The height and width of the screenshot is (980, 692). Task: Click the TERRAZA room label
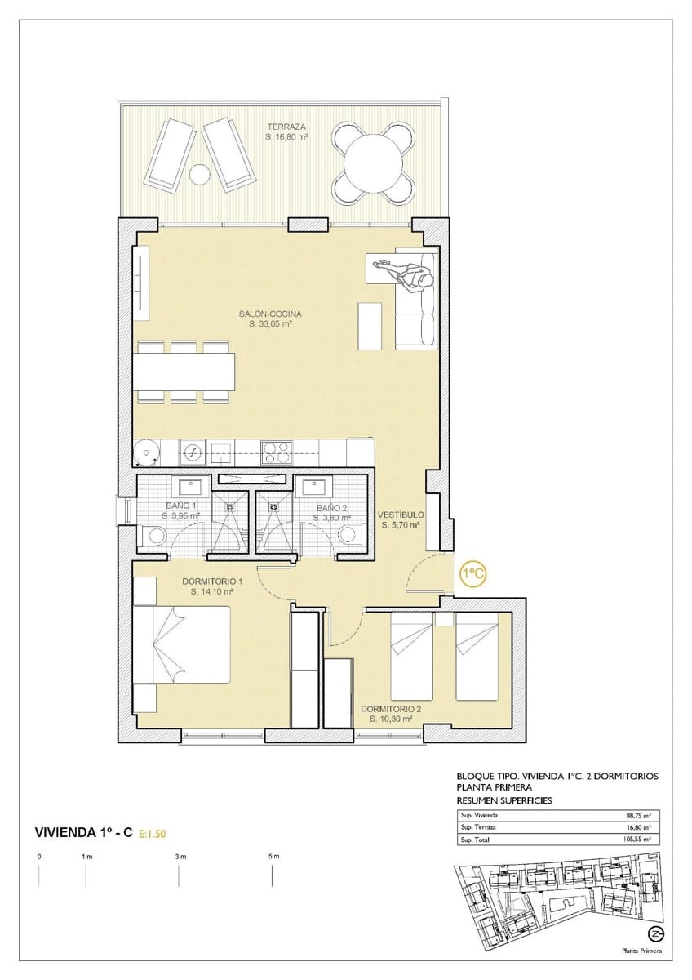(x=285, y=127)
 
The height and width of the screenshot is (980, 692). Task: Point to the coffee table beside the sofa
(x=370, y=324)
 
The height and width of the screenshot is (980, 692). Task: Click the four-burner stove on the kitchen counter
(x=275, y=450)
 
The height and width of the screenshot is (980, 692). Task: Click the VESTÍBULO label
(x=400, y=514)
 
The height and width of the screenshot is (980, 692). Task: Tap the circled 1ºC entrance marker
(x=472, y=574)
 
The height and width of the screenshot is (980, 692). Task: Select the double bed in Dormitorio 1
(x=183, y=644)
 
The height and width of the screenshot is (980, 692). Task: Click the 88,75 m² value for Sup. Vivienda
(x=637, y=815)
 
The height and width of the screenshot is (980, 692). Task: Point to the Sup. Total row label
(x=478, y=839)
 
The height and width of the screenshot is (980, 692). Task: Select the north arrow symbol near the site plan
(x=654, y=934)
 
